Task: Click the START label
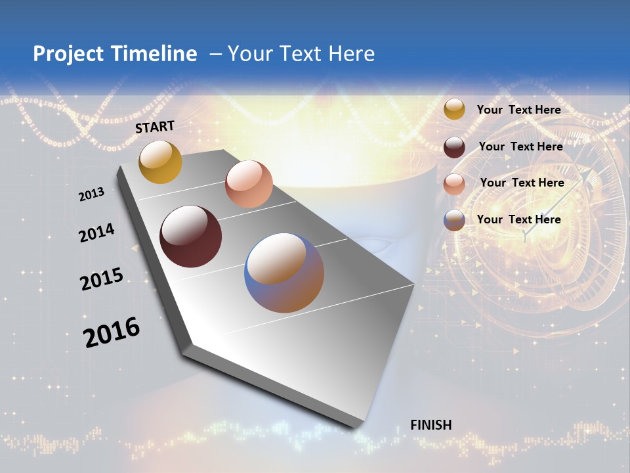[x=155, y=127]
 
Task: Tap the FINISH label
[x=431, y=425]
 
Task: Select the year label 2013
[x=92, y=194]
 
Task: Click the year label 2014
[x=97, y=233]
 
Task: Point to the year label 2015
[x=102, y=279]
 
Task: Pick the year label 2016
[x=112, y=332]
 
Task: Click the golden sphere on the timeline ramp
[x=160, y=162]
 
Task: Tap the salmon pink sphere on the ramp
[x=249, y=184]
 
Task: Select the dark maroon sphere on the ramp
[x=190, y=236]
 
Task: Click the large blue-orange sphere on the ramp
[x=284, y=273]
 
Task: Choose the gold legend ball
[x=453, y=109]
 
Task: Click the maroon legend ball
[x=454, y=147]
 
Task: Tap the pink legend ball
[x=454, y=184]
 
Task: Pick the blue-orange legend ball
[x=454, y=220]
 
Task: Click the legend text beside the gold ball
[x=518, y=110]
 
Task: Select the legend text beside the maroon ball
[x=520, y=146]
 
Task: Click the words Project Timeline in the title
[x=115, y=54]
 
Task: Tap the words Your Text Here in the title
[x=301, y=54]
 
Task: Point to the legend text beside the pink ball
[x=522, y=183]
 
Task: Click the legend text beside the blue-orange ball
[x=518, y=219]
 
